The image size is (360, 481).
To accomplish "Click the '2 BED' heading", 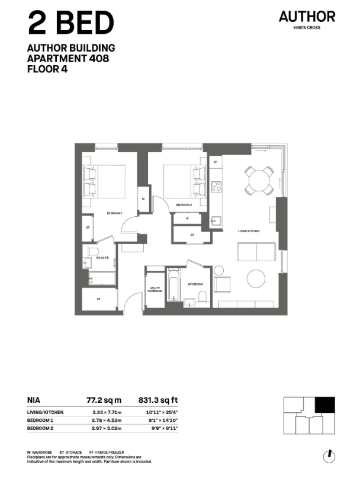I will pyautogui.click(x=70, y=24).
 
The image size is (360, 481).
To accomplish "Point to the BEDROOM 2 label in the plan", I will pyautogui.click(x=184, y=206).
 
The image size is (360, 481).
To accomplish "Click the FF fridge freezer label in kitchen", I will pyautogui.click(x=216, y=161).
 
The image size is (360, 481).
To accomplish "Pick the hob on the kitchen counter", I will pyautogui.click(x=216, y=187).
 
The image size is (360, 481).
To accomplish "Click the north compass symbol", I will pyautogui.click(x=328, y=456).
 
